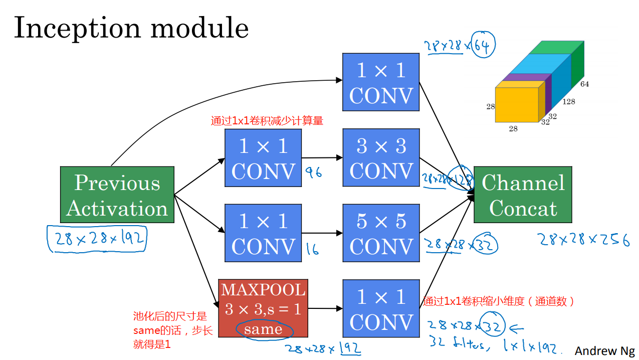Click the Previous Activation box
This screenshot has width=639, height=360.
tap(117, 195)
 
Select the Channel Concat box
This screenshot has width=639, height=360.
tap(523, 195)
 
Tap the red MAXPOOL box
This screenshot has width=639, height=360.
tap(263, 308)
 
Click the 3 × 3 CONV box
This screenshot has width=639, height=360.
tap(381, 157)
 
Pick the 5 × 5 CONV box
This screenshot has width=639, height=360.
tap(381, 233)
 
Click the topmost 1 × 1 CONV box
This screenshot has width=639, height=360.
tap(381, 82)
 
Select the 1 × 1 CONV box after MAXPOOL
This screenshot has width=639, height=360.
tap(381, 309)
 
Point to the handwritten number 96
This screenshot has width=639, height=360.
tap(313, 173)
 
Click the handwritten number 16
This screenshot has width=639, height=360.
tap(312, 249)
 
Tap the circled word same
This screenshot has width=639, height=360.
tap(263, 329)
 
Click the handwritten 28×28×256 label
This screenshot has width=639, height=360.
tap(584, 240)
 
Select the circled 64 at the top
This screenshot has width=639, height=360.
tap(484, 46)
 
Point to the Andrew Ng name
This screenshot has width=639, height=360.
tap(604, 350)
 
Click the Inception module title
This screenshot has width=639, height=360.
tap(131, 28)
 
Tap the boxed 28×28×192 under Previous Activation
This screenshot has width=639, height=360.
tap(97, 240)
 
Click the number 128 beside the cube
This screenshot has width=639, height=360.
tap(568, 102)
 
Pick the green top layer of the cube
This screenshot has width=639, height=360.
tap(556, 47)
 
